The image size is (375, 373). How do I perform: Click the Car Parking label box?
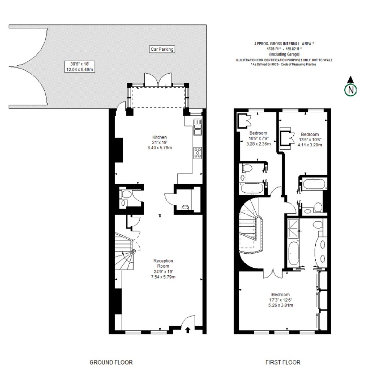click(x=162, y=49)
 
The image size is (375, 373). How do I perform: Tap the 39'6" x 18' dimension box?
click(x=80, y=67)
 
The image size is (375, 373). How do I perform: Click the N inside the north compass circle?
click(x=351, y=90)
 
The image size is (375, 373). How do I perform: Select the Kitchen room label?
click(x=159, y=137)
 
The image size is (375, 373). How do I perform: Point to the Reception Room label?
click(x=163, y=263)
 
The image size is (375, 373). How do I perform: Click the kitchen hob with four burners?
click(x=197, y=153)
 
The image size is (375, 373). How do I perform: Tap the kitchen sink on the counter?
click(x=197, y=127)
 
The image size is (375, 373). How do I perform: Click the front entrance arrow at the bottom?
click(x=187, y=330)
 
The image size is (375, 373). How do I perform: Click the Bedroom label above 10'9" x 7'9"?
click(x=258, y=133)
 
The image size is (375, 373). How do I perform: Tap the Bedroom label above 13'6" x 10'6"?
click(x=310, y=134)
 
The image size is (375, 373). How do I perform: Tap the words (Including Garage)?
click(x=284, y=54)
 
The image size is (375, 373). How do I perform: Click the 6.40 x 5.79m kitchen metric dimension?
click(x=160, y=147)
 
